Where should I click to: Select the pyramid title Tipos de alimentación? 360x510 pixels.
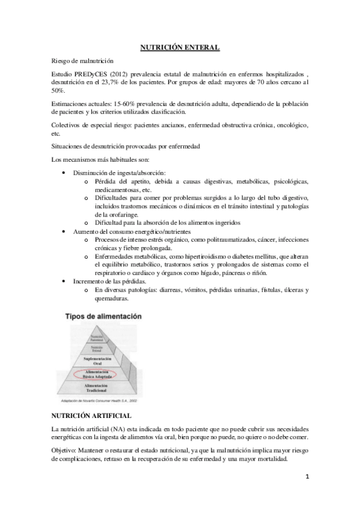(103, 316)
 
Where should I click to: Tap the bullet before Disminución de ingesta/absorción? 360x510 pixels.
(65, 173)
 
